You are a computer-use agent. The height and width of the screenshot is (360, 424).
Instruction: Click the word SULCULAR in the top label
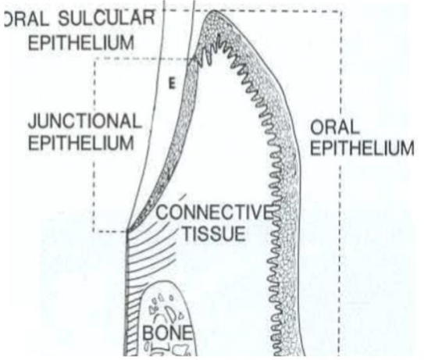point(107,18)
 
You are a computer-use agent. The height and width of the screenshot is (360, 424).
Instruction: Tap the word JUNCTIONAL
point(85,121)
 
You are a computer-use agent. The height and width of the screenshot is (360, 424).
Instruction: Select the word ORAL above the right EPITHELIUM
point(335,127)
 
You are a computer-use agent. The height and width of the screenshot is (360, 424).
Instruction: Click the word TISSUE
point(214,233)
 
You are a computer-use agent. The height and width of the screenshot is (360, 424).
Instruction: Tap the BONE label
point(168,333)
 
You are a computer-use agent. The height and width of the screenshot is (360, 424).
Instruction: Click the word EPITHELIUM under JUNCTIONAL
point(81,143)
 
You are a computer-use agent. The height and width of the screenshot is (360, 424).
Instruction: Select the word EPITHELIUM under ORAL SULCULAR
point(81,42)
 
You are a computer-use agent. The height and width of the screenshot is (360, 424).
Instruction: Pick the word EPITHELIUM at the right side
point(362,148)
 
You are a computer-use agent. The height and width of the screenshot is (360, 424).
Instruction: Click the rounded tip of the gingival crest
point(214,11)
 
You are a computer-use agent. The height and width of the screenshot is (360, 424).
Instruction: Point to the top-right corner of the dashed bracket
point(341,12)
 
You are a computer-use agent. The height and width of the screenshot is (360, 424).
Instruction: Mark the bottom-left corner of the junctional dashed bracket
point(94,231)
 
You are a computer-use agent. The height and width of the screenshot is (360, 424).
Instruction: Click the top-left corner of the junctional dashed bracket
point(95,59)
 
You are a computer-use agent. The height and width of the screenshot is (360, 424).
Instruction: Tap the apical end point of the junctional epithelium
point(127,231)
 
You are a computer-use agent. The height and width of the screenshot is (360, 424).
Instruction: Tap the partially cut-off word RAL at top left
point(27,18)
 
